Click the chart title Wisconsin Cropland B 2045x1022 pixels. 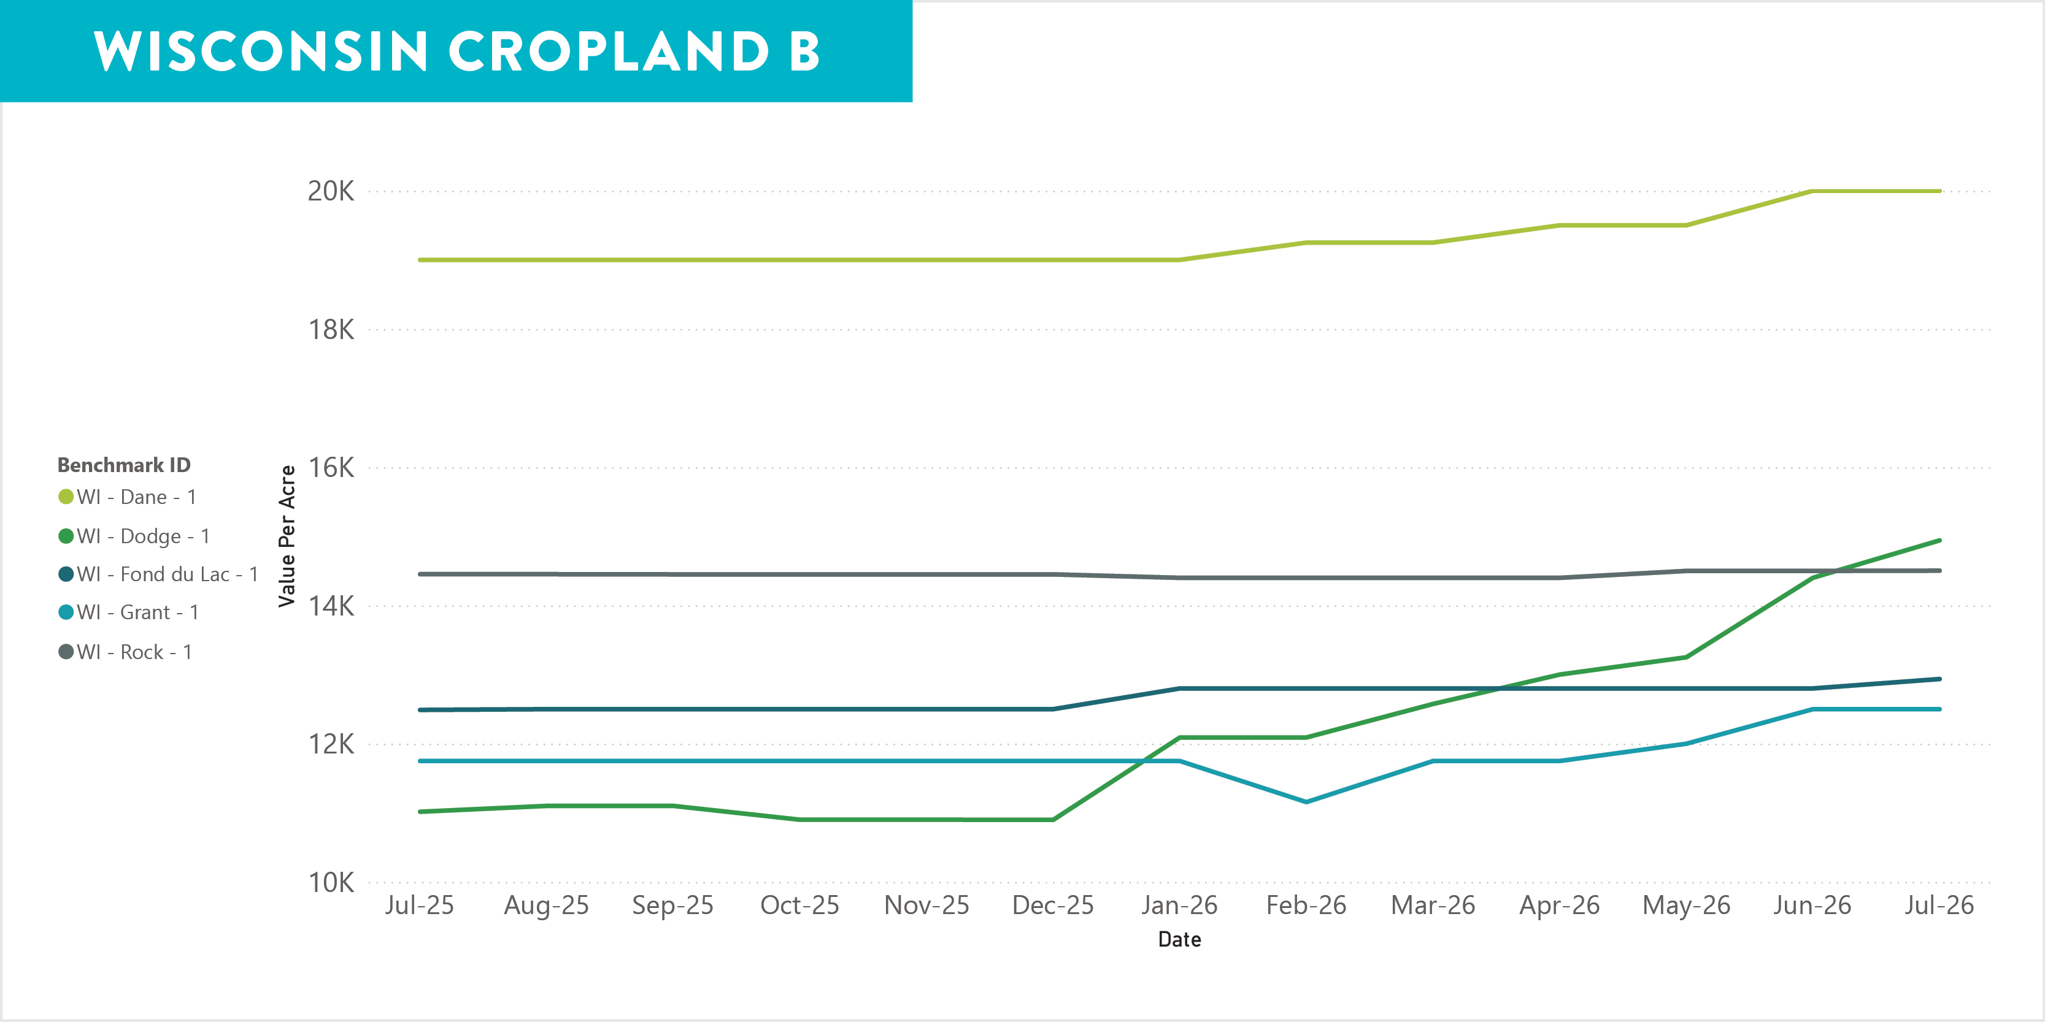tap(456, 51)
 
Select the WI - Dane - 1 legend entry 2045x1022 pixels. tap(127, 497)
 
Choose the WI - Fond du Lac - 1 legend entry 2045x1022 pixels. tap(158, 574)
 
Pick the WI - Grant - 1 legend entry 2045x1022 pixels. tap(129, 612)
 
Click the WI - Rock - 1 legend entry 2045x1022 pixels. tap(125, 652)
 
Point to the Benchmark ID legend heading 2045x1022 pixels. tap(124, 465)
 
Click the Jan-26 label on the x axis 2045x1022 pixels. tap(1179, 906)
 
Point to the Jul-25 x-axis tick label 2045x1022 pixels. tap(419, 906)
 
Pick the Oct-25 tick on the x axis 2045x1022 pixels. tap(799, 906)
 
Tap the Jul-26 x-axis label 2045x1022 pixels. tap(1939, 906)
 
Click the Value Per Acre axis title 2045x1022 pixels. tap(287, 536)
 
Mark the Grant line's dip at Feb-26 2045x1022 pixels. tap(1306, 801)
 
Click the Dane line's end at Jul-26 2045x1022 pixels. tap(1939, 191)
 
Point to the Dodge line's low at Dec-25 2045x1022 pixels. tap(1053, 820)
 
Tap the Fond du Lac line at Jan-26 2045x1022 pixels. tap(1179, 688)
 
